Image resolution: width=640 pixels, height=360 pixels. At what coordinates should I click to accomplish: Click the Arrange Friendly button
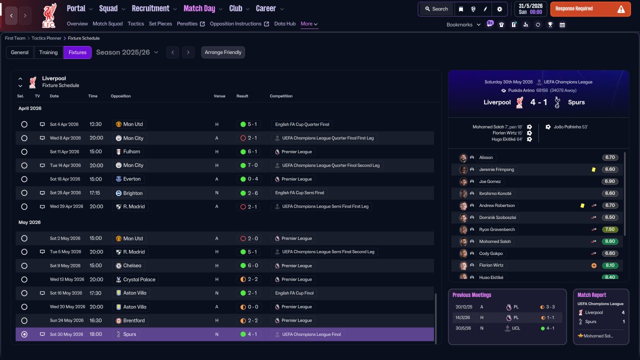223,52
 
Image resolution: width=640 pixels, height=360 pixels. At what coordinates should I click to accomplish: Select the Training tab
48,52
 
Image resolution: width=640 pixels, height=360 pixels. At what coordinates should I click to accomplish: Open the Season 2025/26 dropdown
127,52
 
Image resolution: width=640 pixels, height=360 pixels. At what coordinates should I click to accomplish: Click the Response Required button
590,9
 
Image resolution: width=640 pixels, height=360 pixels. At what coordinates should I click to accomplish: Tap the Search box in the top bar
436,9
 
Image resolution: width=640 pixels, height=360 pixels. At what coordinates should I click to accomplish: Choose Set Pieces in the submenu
160,23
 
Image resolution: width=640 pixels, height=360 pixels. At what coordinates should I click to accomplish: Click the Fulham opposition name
131,151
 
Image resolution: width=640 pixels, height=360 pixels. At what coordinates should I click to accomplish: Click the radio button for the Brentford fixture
24,320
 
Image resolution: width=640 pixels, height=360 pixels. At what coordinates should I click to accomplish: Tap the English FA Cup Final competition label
294,293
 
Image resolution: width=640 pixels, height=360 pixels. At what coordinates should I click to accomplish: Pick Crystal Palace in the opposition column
139,279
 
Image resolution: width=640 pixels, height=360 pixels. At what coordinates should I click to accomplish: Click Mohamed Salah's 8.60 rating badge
609,241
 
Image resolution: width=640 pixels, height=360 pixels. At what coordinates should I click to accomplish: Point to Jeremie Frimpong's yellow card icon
593,169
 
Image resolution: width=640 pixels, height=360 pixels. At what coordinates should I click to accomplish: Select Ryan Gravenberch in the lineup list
497,229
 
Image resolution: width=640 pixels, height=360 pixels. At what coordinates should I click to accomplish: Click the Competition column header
281,96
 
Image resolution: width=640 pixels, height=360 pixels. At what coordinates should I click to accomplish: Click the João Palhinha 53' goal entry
570,127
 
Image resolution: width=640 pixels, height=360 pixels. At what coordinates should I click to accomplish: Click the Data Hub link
285,23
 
